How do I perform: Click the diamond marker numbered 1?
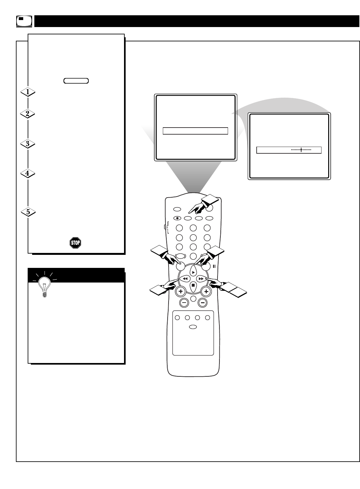(28, 92)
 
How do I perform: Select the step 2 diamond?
(28, 114)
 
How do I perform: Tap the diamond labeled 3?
(28, 144)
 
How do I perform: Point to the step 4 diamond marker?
(28, 173)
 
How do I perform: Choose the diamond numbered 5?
(28, 212)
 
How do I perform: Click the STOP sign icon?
(75, 243)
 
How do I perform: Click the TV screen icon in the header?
(24, 21)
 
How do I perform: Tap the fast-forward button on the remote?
(201, 279)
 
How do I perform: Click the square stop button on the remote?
(193, 286)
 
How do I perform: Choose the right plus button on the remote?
(206, 291)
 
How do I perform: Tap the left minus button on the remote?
(184, 303)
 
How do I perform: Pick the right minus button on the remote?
(202, 303)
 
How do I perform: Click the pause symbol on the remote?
(214, 266)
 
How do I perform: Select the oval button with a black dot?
(177, 218)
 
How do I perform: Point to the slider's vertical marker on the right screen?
(301, 150)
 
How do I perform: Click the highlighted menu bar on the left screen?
(195, 131)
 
